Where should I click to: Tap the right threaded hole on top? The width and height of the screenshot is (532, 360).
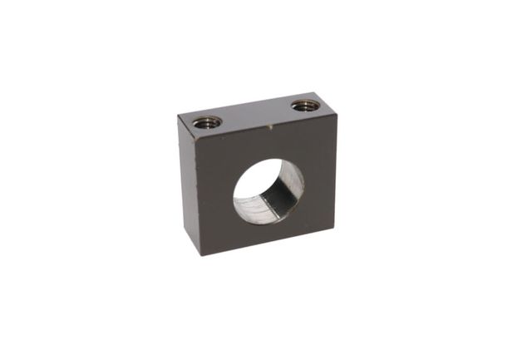(x=305, y=106)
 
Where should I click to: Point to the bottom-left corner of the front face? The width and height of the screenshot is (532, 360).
(x=199, y=255)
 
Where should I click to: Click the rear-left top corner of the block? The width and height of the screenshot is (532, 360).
(x=178, y=116)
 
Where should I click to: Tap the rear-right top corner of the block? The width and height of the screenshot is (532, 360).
(x=319, y=93)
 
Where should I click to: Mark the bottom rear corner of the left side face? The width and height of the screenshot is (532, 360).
(x=180, y=228)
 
